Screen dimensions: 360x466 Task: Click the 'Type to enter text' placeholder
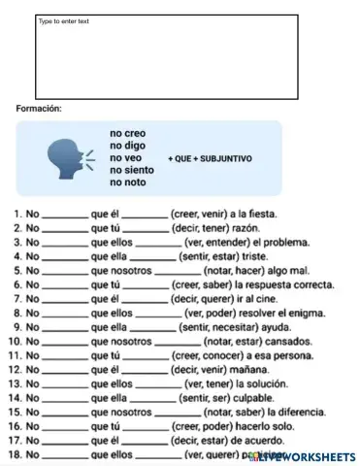coord(64,21)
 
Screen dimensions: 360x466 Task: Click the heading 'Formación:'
coord(39,108)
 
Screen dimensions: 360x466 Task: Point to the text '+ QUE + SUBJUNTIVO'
coord(210,157)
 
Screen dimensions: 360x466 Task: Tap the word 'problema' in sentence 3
coord(287,242)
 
